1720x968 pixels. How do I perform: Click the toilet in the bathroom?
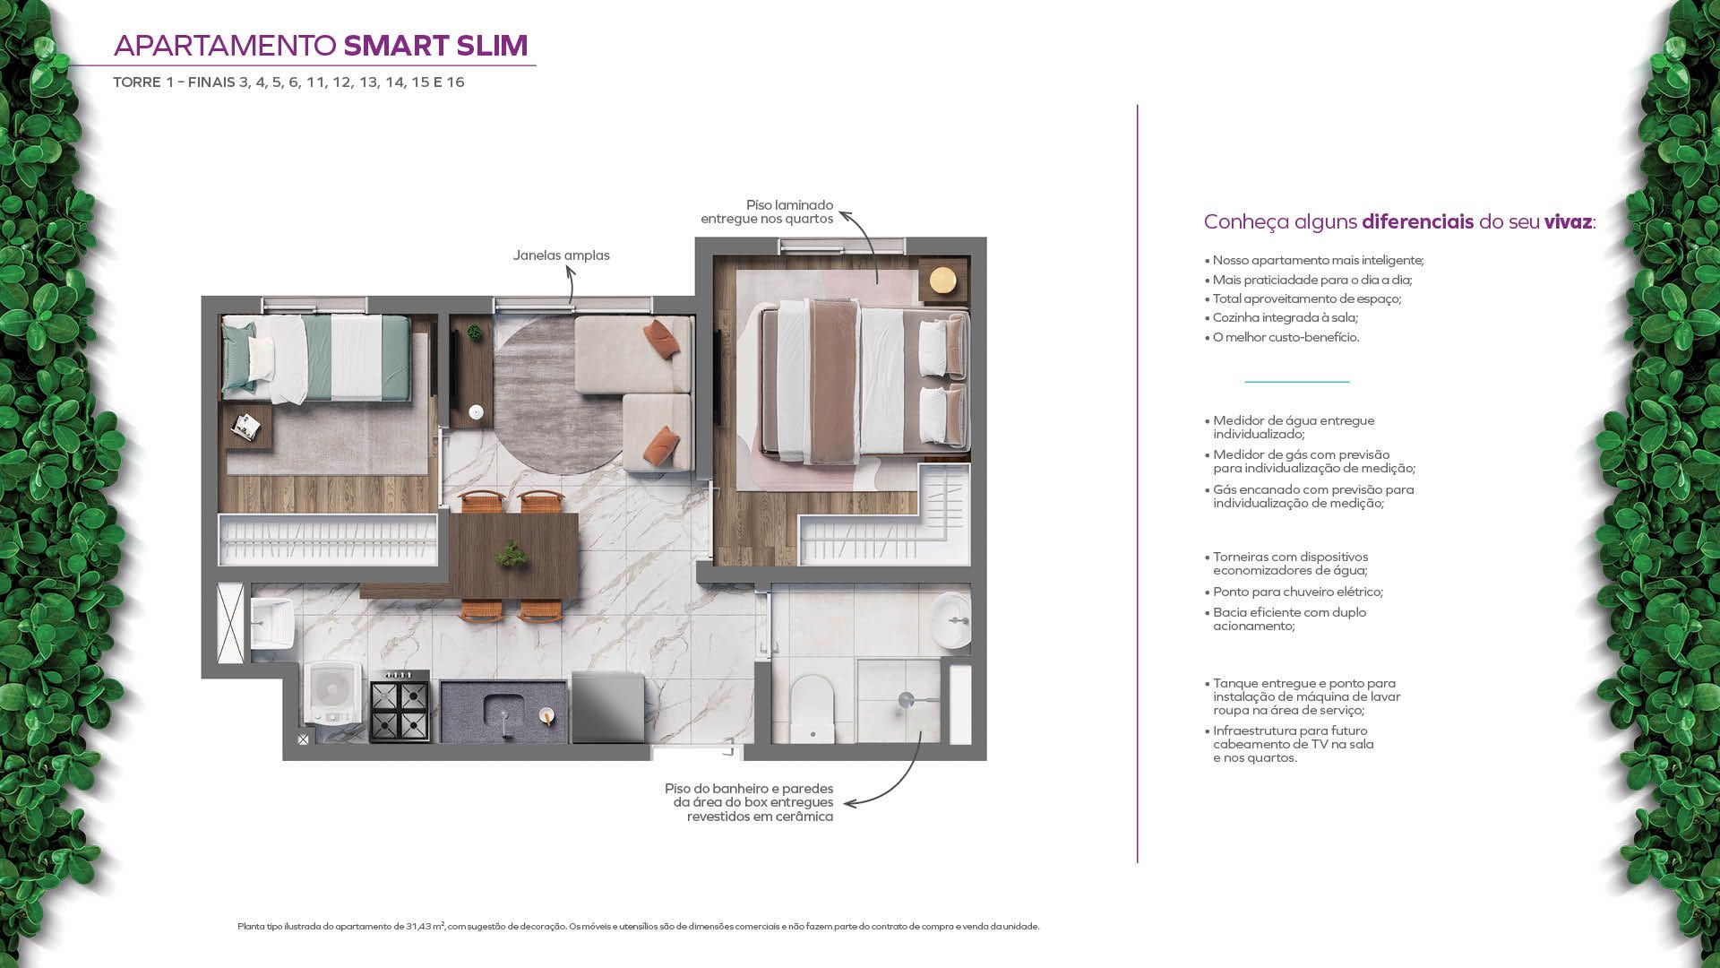tap(813, 709)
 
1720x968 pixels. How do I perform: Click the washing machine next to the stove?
tap(332, 694)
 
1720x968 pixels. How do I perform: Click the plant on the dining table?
tap(512, 554)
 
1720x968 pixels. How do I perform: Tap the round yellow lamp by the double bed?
tap(942, 281)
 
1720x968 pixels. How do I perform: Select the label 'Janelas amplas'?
tap(562, 255)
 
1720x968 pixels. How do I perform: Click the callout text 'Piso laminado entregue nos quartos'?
tap(767, 212)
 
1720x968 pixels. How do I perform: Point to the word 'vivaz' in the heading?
tap(1568, 221)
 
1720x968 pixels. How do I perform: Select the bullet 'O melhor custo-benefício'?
tap(1286, 337)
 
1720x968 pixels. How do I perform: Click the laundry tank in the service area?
tap(271, 622)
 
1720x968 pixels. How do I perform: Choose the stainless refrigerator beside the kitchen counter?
tap(607, 707)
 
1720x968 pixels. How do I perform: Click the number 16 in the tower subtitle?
tap(455, 82)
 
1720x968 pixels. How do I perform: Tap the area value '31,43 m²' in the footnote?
tap(426, 926)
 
